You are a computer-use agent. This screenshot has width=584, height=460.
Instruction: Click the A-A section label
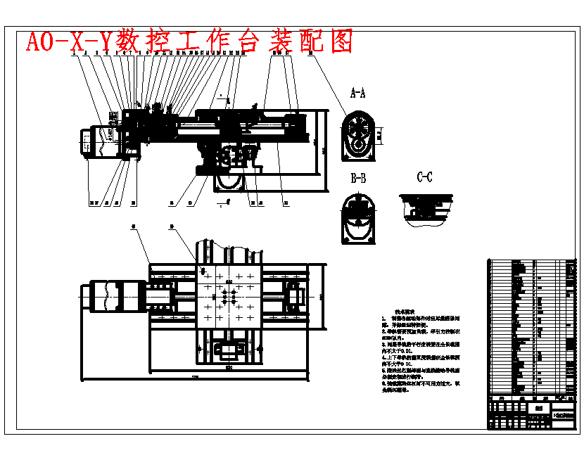[358, 92]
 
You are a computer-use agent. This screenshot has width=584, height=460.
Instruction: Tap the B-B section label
[358, 178]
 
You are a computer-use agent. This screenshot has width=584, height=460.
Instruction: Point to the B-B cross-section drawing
[358, 219]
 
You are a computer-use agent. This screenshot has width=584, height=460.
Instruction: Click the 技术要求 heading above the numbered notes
[404, 310]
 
